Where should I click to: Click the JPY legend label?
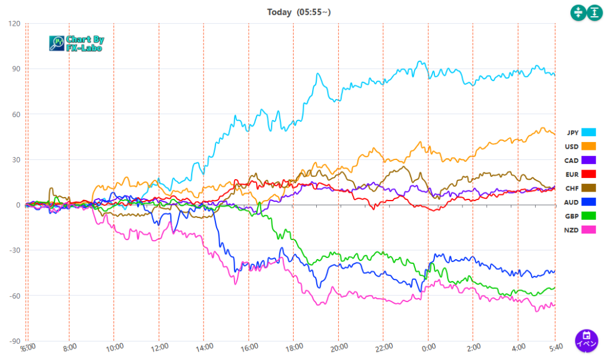(572, 133)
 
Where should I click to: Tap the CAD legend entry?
(572, 160)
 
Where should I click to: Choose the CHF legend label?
(572, 188)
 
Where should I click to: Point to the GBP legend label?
(572, 216)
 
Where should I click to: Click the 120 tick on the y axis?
(14, 24)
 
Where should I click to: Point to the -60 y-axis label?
(14, 296)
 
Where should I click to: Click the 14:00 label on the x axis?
(204, 346)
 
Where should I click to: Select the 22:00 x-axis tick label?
(384, 346)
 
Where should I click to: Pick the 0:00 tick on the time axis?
(428, 346)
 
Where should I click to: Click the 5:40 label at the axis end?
(555, 346)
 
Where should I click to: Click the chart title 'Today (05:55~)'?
(297, 12)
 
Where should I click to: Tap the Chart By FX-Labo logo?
(76, 44)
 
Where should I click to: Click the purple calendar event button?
(587, 340)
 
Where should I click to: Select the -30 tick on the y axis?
(14, 251)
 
